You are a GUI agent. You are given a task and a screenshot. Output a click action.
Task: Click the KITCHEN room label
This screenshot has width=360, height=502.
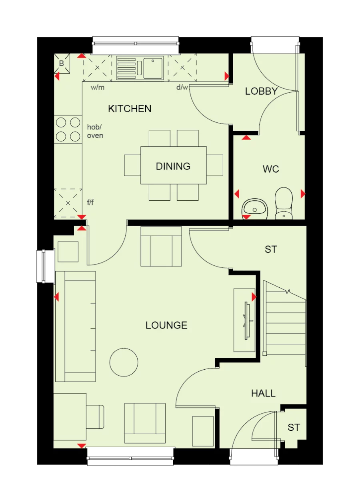pyautogui.click(x=130, y=108)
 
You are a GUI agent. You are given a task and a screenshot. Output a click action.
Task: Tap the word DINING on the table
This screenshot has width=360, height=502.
pyautogui.click(x=173, y=166)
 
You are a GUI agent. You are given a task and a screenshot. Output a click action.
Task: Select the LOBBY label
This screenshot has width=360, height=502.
pyautogui.click(x=261, y=91)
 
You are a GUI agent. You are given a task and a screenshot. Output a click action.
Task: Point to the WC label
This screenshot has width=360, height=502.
pyautogui.click(x=271, y=169)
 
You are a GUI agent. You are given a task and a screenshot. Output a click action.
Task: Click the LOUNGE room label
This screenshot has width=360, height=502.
pyautogui.click(x=166, y=325)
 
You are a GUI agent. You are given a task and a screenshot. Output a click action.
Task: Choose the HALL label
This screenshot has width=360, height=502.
pyautogui.click(x=263, y=393)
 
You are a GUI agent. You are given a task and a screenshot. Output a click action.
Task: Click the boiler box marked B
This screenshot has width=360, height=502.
pyautogui.click(x=62, y=64)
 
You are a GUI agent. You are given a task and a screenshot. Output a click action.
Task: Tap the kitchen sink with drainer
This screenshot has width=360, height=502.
pyautogui.click(x=140, y=68)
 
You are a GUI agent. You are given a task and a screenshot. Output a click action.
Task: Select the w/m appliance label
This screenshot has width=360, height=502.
pyautogui.click(x=97, y=88)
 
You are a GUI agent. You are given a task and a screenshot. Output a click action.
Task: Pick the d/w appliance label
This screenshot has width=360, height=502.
pyautogui.click(x=182, y=88)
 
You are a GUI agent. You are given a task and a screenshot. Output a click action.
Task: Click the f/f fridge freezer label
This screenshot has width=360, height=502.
pyautogui.click(x=90, y=203)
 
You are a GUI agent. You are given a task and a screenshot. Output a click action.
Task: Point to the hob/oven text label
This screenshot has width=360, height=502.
pyautogui.click(x=95, y=131)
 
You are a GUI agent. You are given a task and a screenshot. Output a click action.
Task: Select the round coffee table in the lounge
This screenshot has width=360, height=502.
pyautogui.click(x=124, y=362)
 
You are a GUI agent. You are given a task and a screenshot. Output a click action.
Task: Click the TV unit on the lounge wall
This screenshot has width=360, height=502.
pyautogui.click(x=245, y=320)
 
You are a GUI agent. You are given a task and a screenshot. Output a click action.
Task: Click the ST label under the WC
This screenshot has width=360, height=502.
pyautogui.click(x=271, y=249)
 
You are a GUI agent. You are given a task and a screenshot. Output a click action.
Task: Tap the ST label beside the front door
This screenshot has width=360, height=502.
pyautogui.click(x=294, y=427)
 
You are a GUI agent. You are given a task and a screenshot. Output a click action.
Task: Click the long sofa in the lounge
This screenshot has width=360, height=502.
pyautogui.click(x=75, y=326)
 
